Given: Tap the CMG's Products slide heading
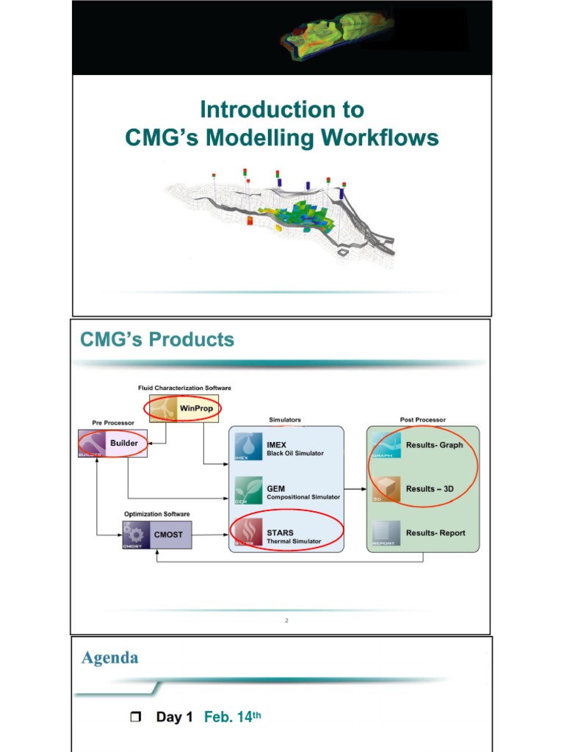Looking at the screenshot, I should [x=157, y=339].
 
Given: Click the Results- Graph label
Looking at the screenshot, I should [x=434, y=445].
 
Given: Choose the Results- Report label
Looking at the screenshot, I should [x=435, y=533].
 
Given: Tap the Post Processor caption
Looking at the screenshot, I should [x=422, y=419].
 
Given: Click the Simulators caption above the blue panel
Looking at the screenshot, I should [x=285, y=419].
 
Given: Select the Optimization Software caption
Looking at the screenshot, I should [x=156, y=514].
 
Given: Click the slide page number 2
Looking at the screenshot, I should [x=286, y=621].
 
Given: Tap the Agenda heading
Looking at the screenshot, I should [x=109, y=658].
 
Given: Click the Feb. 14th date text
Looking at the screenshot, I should [x=231, y=717].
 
